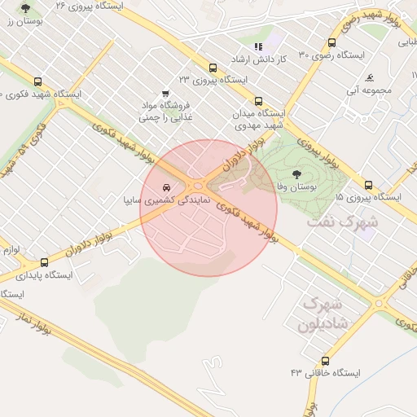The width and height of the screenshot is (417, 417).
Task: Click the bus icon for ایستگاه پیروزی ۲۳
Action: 213,68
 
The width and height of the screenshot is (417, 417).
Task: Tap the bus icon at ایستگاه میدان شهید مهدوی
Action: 259,102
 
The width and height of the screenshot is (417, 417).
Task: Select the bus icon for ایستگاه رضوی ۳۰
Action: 331,43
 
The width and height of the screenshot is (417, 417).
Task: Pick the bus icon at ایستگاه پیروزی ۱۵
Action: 369,185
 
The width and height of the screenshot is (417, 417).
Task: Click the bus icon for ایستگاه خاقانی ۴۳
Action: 326,361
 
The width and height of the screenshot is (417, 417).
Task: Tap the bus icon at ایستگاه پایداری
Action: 44,262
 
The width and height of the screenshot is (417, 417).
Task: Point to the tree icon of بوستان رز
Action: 25,9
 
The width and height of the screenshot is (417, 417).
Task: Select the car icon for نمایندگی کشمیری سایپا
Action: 167,187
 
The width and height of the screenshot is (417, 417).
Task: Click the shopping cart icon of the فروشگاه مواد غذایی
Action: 167,93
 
